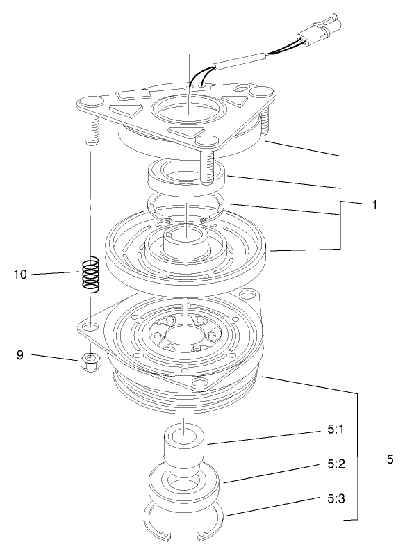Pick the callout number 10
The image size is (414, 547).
pyautogui.click(x=22, y=274)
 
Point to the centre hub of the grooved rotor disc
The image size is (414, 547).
pyautogui.click(x=186, y=243)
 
